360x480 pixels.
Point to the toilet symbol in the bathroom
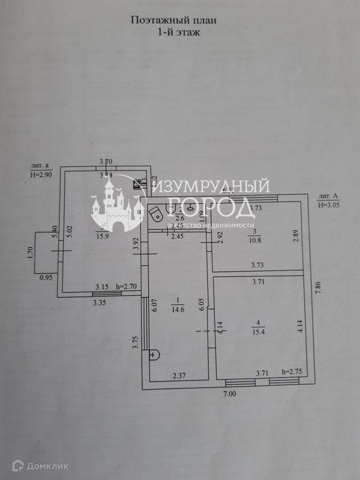coord(156,214)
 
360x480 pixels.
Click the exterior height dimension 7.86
coord(318,291)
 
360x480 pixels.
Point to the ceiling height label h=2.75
coord(291,372)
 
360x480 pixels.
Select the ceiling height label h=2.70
coord(126,286)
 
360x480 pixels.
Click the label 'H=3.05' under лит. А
coord(329,204)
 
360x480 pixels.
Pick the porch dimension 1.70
coord(30,251)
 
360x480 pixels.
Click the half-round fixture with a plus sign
coord(154,354)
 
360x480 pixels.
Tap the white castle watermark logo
coord(117,205)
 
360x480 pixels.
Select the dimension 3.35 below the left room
coord(99,303)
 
